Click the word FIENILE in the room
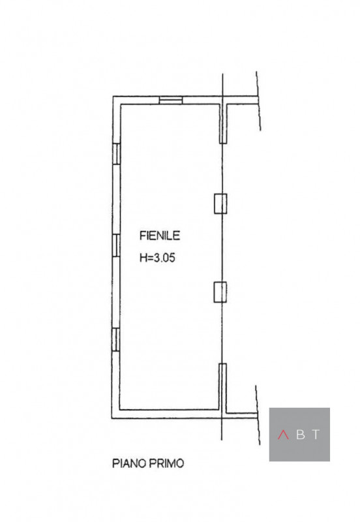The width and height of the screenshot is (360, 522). tap(160, 236)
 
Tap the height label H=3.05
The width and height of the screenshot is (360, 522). tap(157, 258)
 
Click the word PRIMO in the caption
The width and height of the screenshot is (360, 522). tap(166, 463)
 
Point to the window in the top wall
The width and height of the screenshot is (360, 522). tap(171, 100)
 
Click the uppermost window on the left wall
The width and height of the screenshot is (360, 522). tap(116, 153)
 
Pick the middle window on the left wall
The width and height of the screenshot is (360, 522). tap(116, 245)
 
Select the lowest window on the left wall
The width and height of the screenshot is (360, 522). tap(115, 339)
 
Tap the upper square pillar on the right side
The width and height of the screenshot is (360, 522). tap(220, 204)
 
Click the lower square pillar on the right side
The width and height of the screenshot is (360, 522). tap(220, 292)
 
